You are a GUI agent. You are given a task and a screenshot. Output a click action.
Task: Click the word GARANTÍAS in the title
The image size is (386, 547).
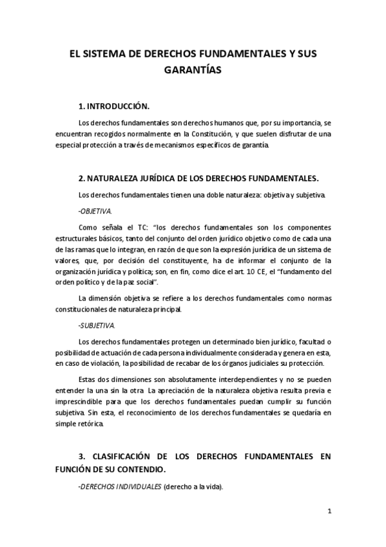(193, 70)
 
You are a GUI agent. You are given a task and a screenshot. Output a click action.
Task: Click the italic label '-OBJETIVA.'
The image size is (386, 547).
(94, 211)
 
